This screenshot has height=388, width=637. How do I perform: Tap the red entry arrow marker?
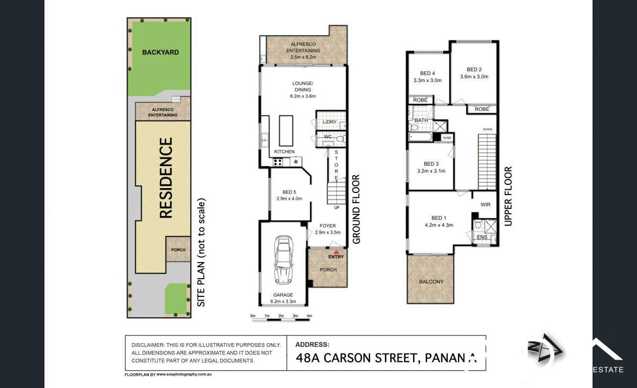tap(336, 251)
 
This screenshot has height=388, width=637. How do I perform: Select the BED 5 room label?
tap(289, 192)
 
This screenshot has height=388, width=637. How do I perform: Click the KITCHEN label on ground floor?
tap(284, 152)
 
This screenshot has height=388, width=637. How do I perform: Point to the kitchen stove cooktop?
tap(278, 161)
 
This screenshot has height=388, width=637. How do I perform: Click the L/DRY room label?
tap(329, 122)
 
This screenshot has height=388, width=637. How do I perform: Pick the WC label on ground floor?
tap(328, 137)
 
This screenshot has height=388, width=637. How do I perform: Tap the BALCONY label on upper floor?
tap(431, 281)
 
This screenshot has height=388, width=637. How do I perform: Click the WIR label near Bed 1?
tap(485, 205)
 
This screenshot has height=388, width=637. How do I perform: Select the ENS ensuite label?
tap(482, 237)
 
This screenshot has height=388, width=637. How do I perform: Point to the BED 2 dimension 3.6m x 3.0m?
tap(474, 77)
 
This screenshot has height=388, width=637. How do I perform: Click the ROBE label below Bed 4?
tap(420, 100)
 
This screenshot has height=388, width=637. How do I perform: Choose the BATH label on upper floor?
tap(421, 121)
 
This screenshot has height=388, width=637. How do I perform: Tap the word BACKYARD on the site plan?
tap(160, 52)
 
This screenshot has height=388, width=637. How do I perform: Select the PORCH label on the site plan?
tap(178, 250)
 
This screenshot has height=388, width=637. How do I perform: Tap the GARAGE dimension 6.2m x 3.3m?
tap(283, 302)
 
